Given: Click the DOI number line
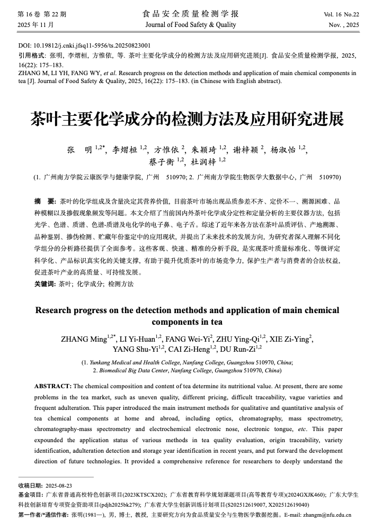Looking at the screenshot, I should point(84,45).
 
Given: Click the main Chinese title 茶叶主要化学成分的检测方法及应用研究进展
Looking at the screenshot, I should point(186,119).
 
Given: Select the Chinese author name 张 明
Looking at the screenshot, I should point(80,150).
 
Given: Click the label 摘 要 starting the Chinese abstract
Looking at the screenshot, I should point(45,202).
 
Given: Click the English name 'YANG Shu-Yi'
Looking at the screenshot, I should point(134,349).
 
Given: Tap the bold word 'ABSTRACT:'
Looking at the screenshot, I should point(53,386).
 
